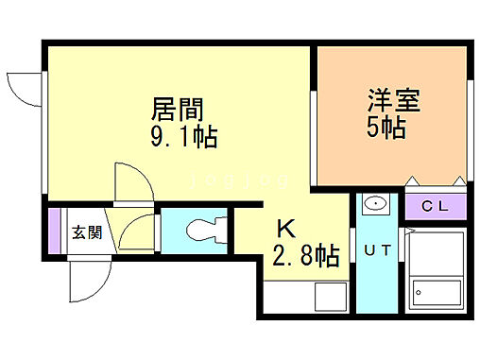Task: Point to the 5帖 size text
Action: click(x=386, y=128)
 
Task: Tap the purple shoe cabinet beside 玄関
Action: click(x=55, y=233)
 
